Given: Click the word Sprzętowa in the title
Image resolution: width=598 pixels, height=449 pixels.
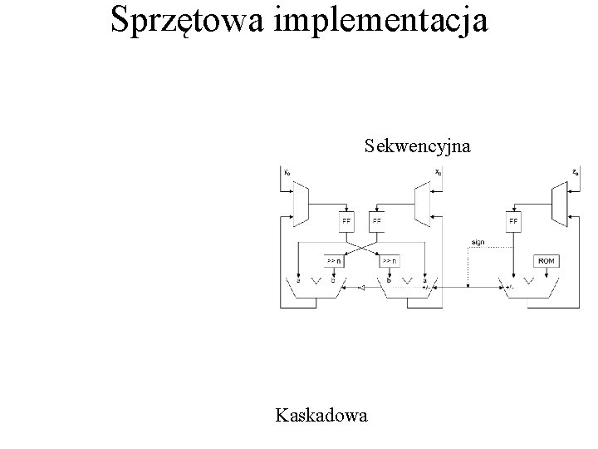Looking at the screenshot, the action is (187, 21).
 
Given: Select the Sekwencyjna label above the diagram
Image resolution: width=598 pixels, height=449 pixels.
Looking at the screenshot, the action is (418, 147).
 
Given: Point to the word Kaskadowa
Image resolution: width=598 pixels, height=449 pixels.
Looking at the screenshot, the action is (324, 414).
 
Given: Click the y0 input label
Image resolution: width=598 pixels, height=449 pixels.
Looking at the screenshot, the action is (287, 174).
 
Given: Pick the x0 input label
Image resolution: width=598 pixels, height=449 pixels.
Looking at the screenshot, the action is (438, 174).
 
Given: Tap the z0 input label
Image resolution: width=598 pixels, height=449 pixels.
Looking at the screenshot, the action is (576, 174).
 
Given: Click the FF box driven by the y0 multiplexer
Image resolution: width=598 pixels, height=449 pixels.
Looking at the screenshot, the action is (347, 222).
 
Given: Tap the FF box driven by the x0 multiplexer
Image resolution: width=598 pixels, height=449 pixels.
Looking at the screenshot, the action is (377, 222).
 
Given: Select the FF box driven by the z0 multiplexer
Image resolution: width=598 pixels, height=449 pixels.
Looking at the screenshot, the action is (513, 222).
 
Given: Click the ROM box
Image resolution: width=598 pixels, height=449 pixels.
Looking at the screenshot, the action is (547, 260).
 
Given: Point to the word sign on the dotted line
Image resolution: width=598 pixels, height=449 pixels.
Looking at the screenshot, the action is (478, 243).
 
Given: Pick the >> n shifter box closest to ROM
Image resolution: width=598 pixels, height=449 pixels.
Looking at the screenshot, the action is (389, 260).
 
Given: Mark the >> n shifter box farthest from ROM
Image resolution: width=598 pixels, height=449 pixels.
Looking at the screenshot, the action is (332, 260).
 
